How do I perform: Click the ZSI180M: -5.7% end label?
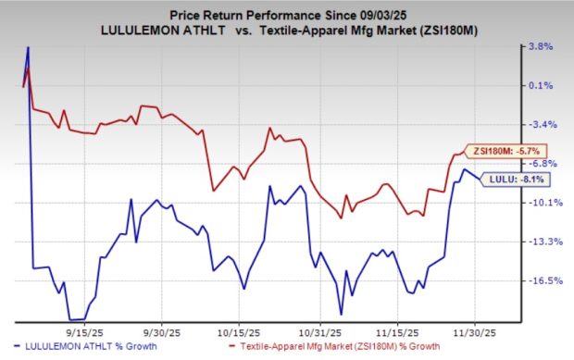tap(501, 151)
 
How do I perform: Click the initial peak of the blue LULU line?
tap(29, 47)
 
